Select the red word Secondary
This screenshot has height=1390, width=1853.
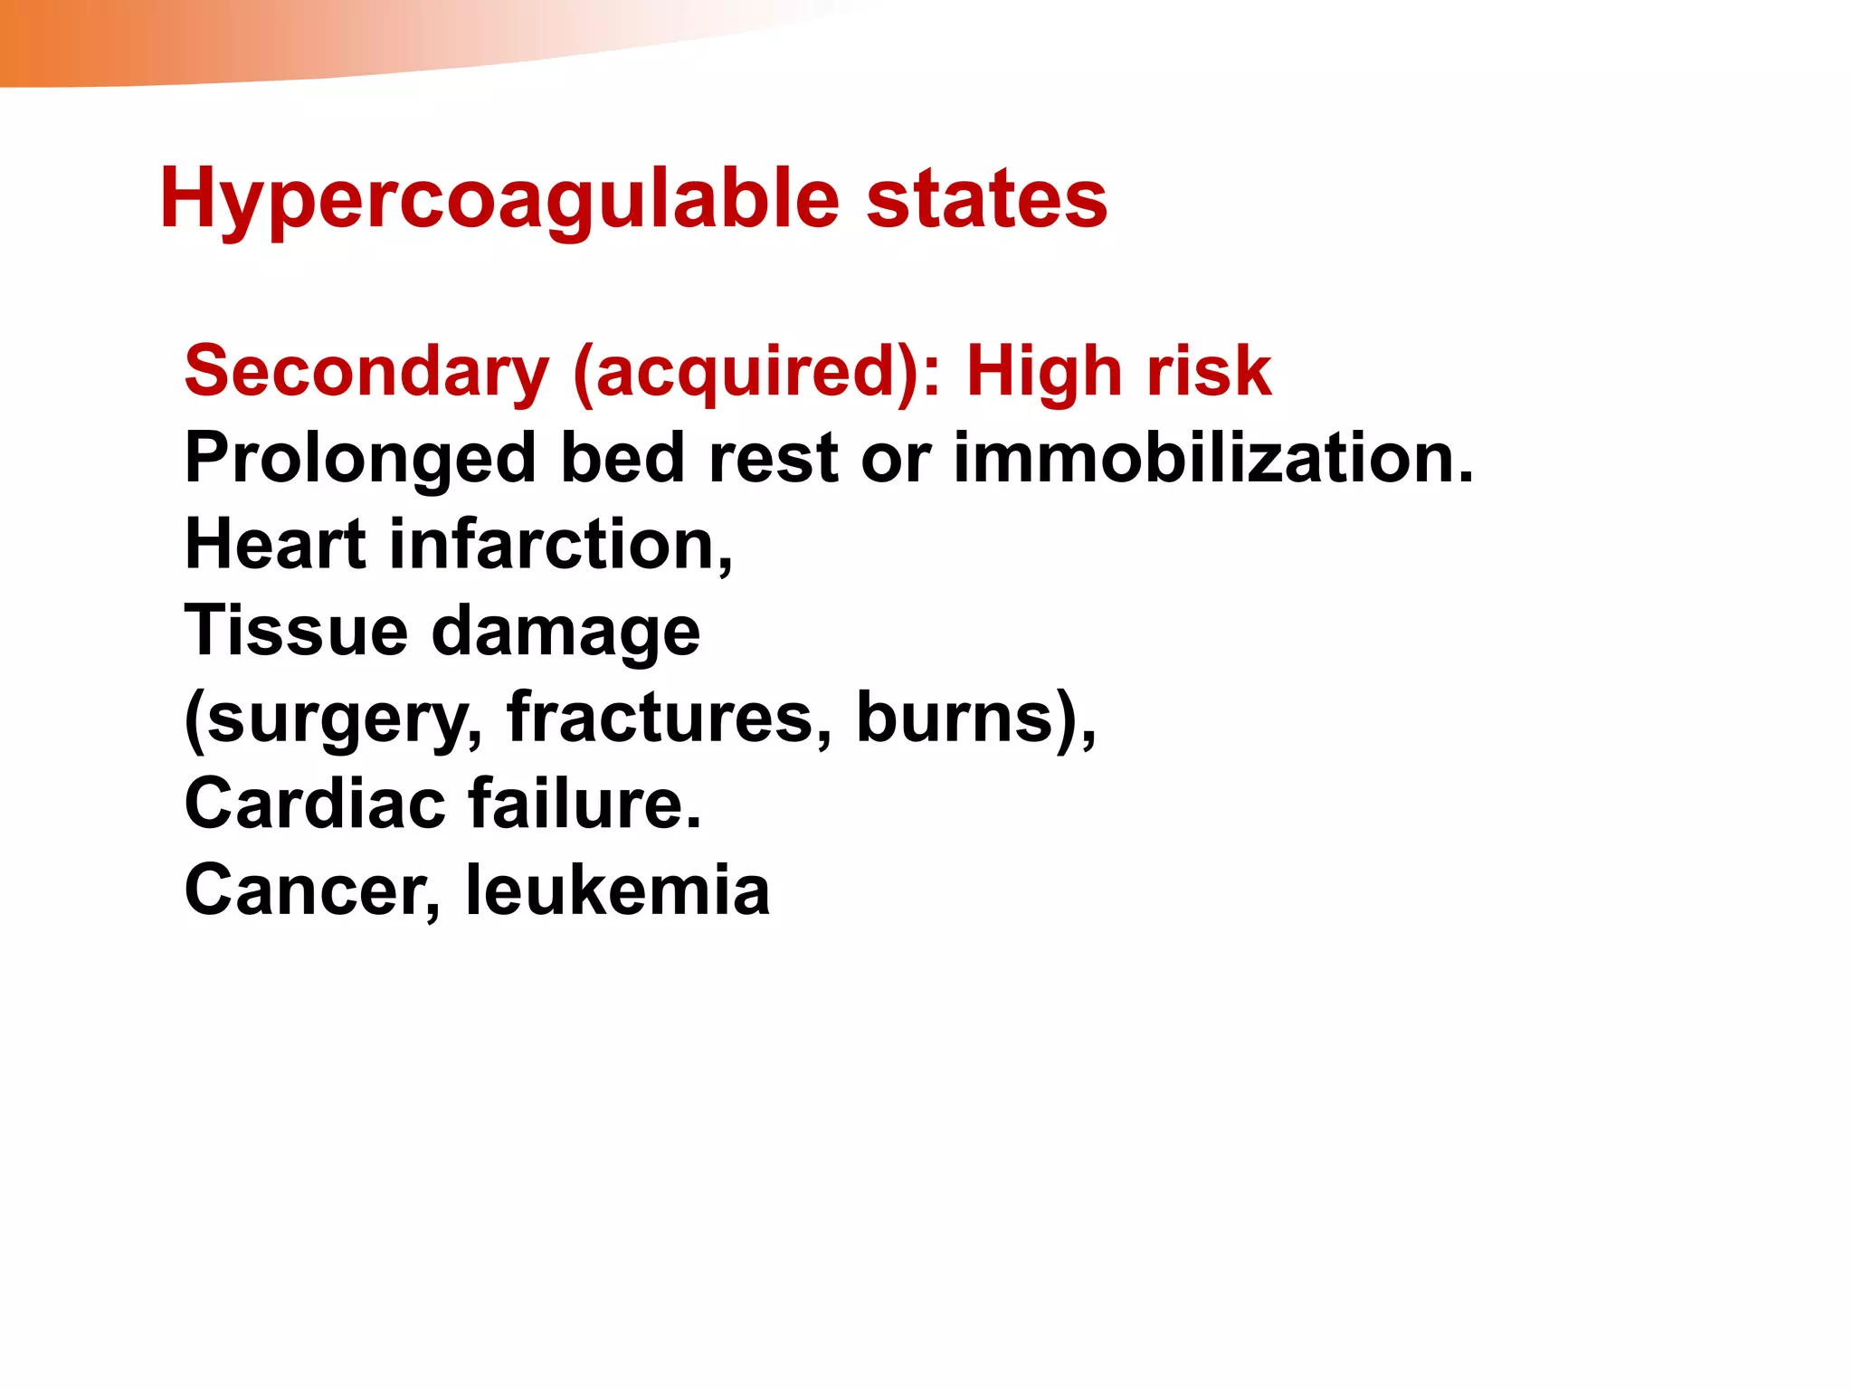pos(366,371)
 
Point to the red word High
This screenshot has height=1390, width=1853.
pos(1043,371)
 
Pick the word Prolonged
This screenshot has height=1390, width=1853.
pos(360,458)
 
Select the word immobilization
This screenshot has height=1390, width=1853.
pos(1213,458)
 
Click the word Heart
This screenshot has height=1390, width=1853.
pos(275,545)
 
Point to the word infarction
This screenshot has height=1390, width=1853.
pos(561,545)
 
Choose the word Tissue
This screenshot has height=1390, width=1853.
pos(296,631)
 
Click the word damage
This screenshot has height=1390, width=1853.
pos(566,631)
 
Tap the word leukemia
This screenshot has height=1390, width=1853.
pos(617,890)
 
